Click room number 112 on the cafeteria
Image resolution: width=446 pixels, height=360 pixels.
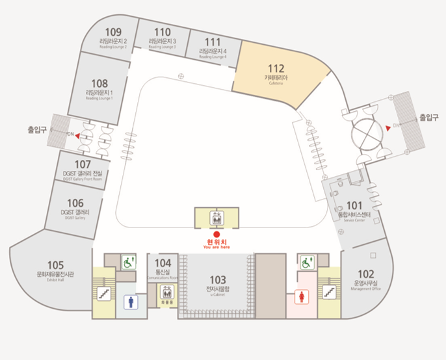point(276,68)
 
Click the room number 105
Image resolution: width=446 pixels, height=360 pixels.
point(55,265)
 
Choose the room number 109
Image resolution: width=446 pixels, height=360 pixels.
point(113,32)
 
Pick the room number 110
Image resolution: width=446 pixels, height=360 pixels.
point(163,32)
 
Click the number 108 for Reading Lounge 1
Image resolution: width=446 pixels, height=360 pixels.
point(99,83)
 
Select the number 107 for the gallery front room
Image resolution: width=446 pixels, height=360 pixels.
point(83,164)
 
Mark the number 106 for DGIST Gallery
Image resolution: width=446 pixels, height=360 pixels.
point(76,203)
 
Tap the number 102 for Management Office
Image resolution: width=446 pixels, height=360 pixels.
point(366,274)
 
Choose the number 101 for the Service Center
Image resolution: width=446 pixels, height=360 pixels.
point(354,205)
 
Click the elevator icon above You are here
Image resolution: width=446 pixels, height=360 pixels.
point(216,218)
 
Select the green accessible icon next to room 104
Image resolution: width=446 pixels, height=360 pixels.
point(127,263)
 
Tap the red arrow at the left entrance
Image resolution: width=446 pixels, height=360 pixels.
point(77,136)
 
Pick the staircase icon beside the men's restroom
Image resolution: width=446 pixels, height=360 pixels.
point(103,294)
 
